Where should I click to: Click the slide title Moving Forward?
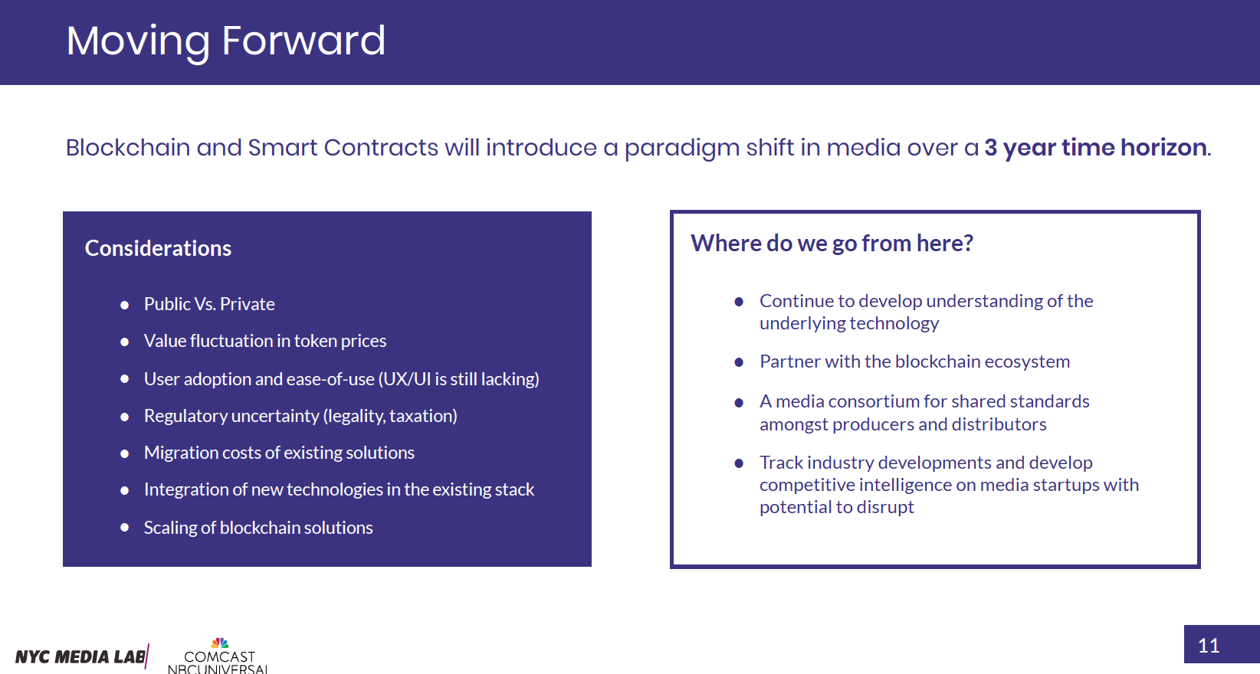[225, 41]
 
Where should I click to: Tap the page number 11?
[1208, 646]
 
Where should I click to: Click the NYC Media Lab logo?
[82, 656]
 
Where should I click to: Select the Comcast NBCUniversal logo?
[218, 656]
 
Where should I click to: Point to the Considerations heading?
[158, 248]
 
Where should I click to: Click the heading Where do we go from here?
[832, 244]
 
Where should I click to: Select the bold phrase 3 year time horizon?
[1095, 147]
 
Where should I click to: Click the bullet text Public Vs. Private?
[209, 304]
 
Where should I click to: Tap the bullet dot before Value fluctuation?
[125, 342]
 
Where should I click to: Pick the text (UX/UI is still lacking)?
[458, 379]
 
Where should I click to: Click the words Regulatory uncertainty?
[231, 416]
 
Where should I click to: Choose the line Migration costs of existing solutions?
[279, 453]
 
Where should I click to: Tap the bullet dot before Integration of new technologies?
[125, 491]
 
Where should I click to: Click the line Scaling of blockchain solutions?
[258, 527]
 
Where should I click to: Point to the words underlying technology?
[848, 323]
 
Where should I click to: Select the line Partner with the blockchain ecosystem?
[914, 362]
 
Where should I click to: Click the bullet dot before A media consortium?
[739, 403]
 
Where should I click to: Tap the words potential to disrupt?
[836, 507]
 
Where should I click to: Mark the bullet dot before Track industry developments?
[739, 463]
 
